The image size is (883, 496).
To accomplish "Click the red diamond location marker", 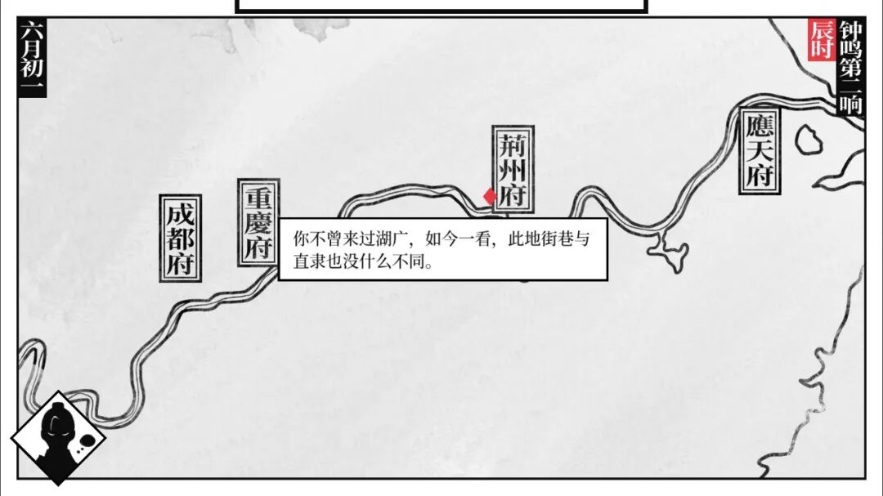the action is coord(489,197).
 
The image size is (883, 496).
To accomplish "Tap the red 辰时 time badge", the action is coord(822,39).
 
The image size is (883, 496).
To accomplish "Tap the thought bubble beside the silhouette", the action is coord(85,444).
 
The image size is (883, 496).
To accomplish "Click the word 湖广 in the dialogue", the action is coord(397,240).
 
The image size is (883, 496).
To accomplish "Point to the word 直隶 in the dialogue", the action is coord(305,264).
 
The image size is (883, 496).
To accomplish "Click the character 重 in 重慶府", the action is coord(258,197).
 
